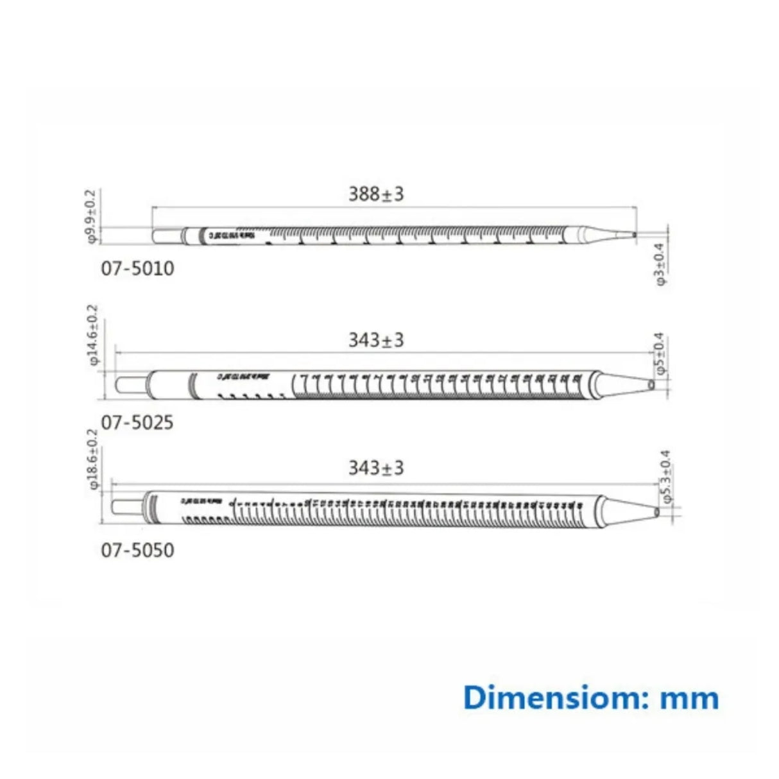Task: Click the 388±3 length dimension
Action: click(x=376, y=194)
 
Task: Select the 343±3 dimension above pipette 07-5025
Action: click(x=376, y=340)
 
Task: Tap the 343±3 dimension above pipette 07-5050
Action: click(x=376, y=468)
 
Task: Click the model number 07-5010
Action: click(x=137, y=268)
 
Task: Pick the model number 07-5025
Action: click(x=137, y=422)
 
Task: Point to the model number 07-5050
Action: click(x=137, y=551)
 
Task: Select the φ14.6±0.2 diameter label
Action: click(x=94, y=334)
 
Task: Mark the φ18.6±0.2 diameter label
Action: click(x=94, y=459)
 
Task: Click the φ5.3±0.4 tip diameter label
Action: click(x=665, y=476)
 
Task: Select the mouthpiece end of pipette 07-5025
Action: click(x=130, y=385)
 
